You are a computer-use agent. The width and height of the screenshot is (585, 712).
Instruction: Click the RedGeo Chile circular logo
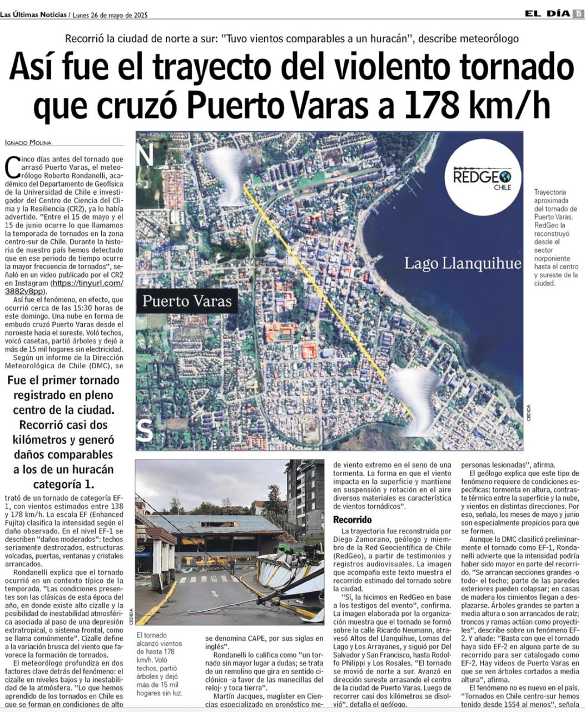483,177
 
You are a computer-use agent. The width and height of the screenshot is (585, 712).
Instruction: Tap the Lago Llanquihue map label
463,263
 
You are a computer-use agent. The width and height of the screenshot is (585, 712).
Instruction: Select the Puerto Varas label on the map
187,301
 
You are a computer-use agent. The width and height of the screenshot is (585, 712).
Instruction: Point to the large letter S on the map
145,430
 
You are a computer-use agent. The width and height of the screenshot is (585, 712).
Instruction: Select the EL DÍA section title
547,14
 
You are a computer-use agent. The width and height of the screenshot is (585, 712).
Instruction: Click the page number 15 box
578,14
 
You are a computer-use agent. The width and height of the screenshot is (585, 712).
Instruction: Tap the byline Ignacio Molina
27,142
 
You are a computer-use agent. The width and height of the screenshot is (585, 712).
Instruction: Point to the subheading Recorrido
352,520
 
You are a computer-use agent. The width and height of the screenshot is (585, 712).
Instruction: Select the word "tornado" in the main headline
513,67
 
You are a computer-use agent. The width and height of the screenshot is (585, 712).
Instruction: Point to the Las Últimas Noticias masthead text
33,15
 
